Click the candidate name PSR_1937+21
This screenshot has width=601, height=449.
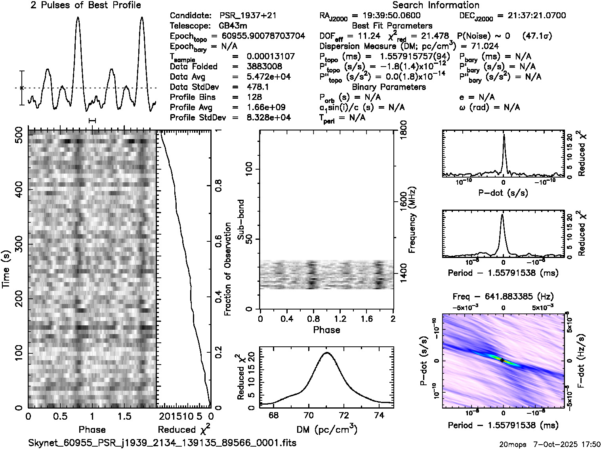click(248, 16)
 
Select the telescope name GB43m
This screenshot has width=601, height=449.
click(235, 26)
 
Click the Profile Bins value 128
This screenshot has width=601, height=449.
click(254, 97)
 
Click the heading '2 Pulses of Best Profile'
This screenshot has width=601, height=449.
click(86, 5)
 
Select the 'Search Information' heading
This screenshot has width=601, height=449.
click(435, 5)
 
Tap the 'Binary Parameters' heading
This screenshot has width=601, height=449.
click(389, 87)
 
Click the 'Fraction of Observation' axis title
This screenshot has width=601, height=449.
click(228, 269)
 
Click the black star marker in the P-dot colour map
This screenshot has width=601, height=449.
click(502, 360)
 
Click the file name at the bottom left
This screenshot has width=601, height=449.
click(162, 443)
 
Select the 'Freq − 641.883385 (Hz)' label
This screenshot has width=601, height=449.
click(503, 296)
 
